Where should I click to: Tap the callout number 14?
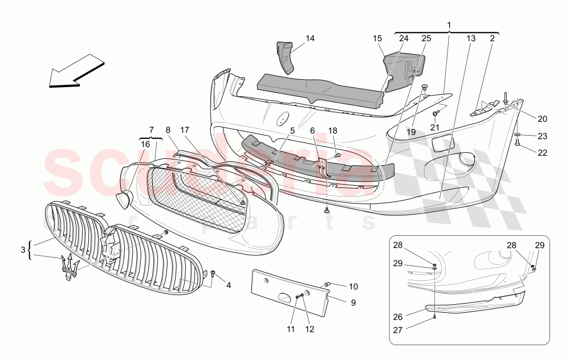[310, 39]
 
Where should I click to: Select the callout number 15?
[377, 39]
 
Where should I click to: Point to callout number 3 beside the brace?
[23, 249]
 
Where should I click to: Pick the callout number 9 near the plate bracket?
[352, 302]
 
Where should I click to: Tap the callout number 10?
[353, 286]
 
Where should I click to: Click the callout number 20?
[542, 118]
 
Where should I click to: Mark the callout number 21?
[435, 127]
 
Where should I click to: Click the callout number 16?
[145, 145]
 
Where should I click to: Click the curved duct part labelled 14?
[286, 57]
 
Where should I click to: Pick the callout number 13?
[471, 39]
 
